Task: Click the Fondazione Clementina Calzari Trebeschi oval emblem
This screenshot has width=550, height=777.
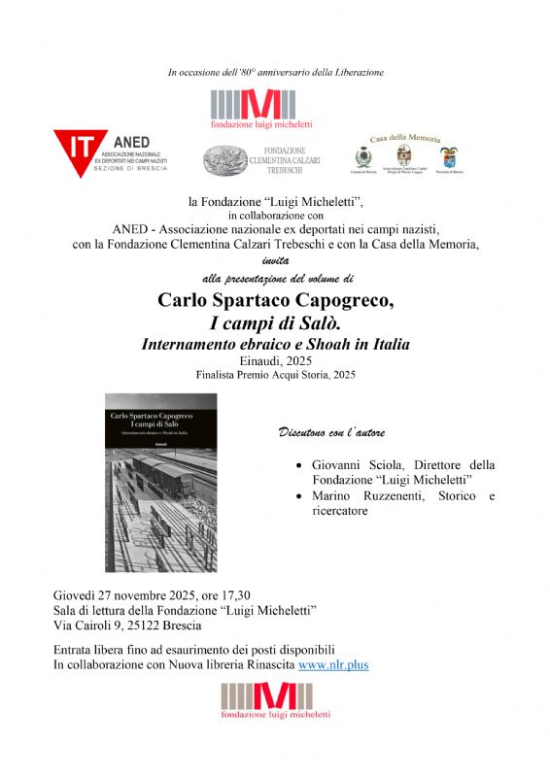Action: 226,158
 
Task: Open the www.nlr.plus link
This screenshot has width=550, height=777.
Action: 332,665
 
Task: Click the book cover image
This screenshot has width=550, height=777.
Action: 160,483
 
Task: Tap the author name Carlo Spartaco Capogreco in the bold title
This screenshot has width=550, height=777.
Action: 275,301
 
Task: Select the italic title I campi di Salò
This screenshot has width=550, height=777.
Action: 275,322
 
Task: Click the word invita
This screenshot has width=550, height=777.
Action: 275,260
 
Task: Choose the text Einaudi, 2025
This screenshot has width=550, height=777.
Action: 275,359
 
